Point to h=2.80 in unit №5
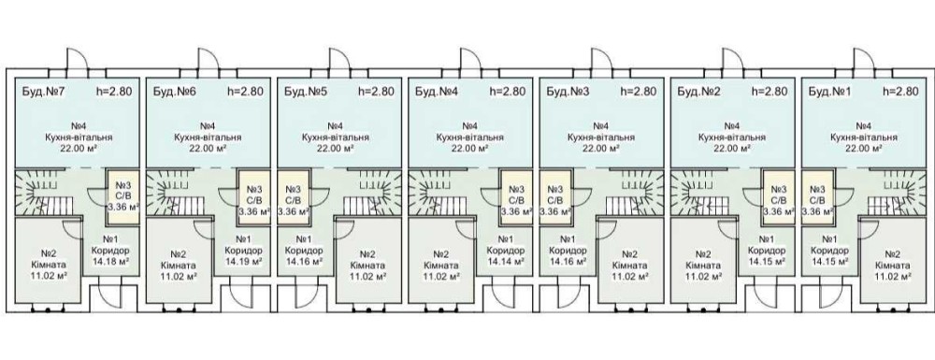tap(376, 92)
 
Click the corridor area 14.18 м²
tap(111, 261)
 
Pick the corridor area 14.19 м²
tap(242, 261)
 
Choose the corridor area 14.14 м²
tap(506, 261)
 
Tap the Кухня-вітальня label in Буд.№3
tap(601, 137)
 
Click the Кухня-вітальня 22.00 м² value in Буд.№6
tap(208, 149)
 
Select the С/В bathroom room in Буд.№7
tap(122, 196)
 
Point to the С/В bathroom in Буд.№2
tap(780, 196)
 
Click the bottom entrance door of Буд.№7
tap(109, 297)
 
